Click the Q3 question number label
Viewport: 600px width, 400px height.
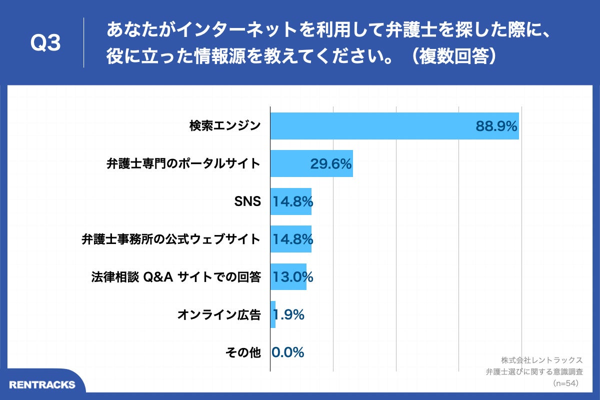(x=45, y=44)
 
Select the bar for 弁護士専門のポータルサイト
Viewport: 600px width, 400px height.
(x=290, y=163)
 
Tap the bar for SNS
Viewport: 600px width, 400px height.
(x=290, y=201)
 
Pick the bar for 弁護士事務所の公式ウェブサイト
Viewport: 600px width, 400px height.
(x=290, y=239)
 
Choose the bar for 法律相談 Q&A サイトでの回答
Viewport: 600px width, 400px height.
(x=288, y=277)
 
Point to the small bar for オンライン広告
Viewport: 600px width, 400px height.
(x=273, y=315)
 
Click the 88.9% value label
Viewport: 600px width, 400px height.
(x=496, y=126)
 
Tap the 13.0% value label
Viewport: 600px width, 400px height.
(x=292, y=277)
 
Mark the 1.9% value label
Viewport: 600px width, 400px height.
(x=289, y=315)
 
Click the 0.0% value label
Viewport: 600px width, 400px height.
(x=288, y=352)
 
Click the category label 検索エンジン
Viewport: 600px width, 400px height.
(x=225, y=126)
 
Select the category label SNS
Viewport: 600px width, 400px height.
(x=247, y=201)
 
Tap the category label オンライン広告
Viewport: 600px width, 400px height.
(x=219, y=315)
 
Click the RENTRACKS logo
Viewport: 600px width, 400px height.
(x=42, y=384)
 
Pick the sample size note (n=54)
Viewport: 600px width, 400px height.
(x=565, y=383)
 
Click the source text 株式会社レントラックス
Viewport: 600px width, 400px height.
(x=542, y=360)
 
